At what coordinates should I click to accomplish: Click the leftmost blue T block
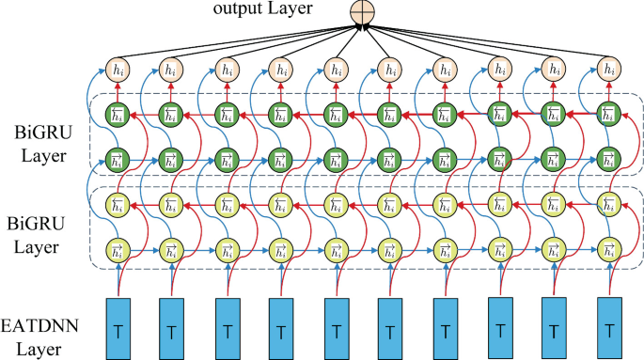pyautogui.click(x=118, y=329)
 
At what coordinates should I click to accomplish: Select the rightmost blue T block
pyautogui.click(x=612, y=329)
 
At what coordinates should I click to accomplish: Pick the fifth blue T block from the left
pyautogui.click(x=338, y=329)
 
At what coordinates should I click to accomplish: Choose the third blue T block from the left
pyautogui.click(x=228, y=329)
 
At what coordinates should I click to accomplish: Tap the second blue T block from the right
pyautogui.click(x=556, y=329)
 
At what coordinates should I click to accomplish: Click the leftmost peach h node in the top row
pyautogui.click(x=118, y=70)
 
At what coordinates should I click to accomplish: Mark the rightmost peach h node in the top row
pyautogui.click(x=612, y=70)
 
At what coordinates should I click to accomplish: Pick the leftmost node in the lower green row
pyautogui.click(x=118, y=157)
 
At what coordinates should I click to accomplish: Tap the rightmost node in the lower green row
pyautogui.click(x=612, y=157)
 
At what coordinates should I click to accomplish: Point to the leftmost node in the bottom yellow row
pyautogui.click(x=118, y=251)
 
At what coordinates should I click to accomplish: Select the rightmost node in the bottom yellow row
pyautogui.click(x=612, y=251)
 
